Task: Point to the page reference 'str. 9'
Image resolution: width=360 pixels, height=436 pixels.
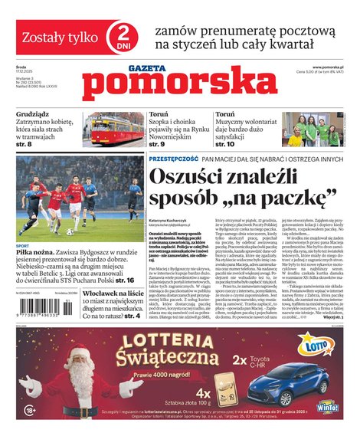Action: [x=158, y=143]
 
